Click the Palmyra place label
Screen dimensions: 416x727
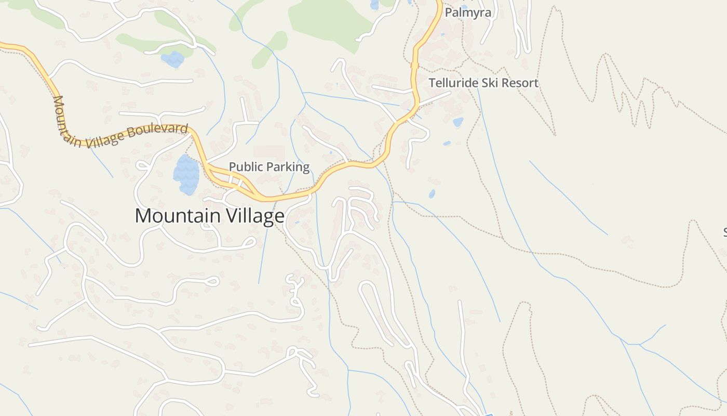[x=468, y=12]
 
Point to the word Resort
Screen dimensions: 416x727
[x=520, y=83]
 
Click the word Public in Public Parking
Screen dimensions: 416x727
[x=246, y=167]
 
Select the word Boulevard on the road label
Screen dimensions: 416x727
[x=157, y=130]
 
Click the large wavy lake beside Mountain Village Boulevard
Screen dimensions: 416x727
[x=186, y=174]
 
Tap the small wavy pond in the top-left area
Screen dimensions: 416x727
[x=172, y=59]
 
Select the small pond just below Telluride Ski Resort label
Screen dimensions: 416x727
[x=457, y=122]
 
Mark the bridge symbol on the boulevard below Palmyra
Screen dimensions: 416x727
[x=414, y=65]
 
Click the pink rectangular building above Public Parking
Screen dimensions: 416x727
[x=269, y=152]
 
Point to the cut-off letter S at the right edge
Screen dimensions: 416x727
[x=725, y=231]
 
